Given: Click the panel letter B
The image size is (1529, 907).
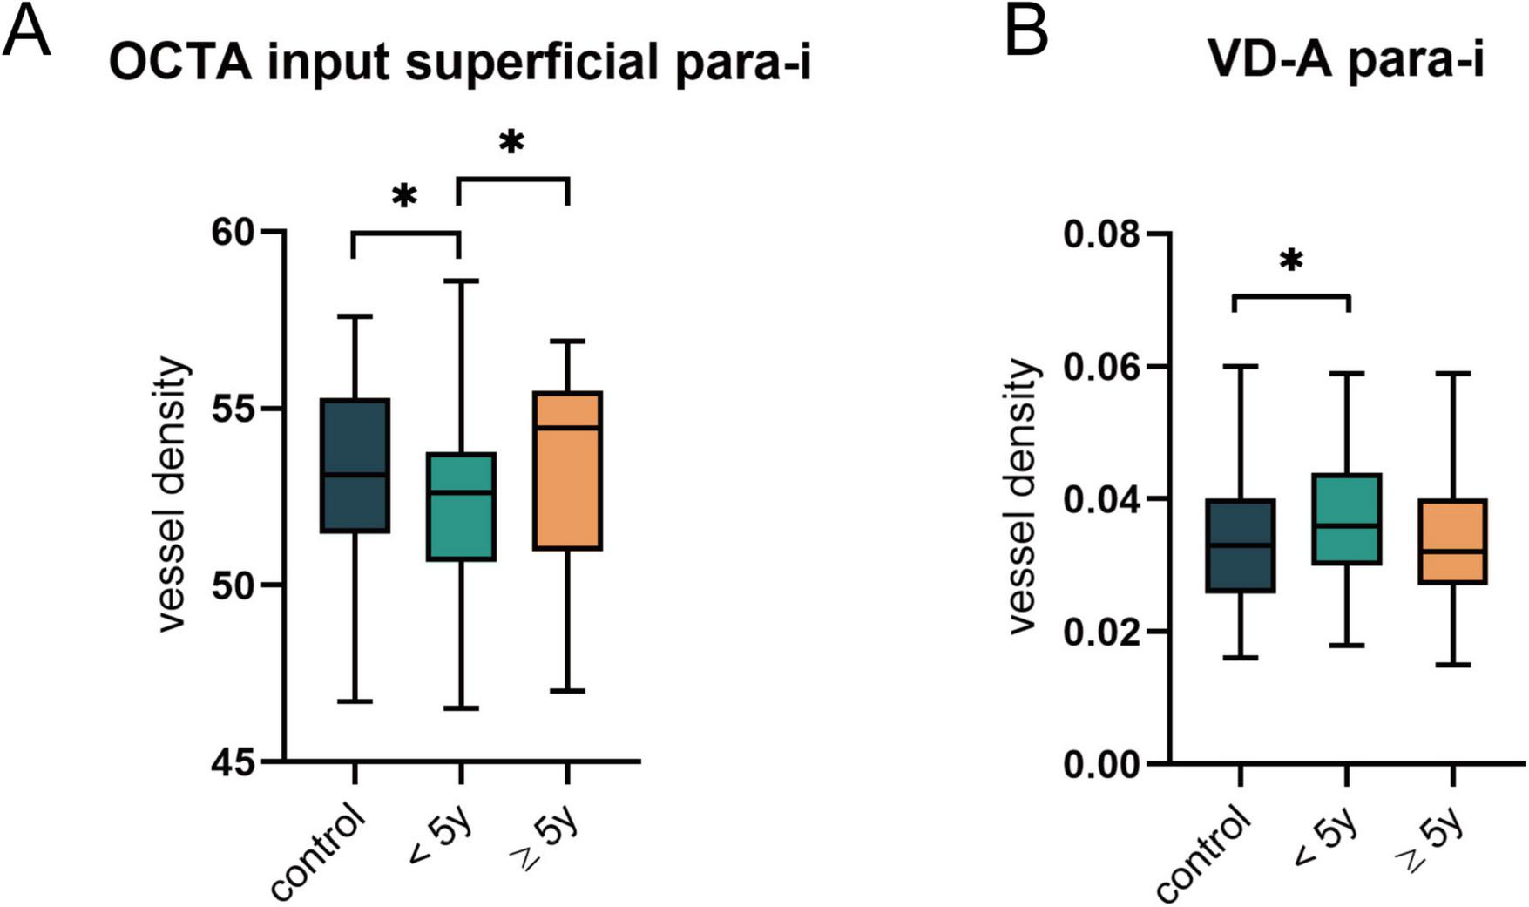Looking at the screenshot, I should point(1027,30).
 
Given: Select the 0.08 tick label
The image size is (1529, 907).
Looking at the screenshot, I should point(1101,234).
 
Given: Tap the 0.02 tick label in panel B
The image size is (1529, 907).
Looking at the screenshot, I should point(1101,632).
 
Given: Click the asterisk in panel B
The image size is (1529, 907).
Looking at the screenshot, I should point(1291,261).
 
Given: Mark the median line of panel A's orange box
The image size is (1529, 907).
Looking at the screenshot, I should point(567,428).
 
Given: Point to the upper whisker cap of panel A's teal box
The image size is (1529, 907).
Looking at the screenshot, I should point(461,281).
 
